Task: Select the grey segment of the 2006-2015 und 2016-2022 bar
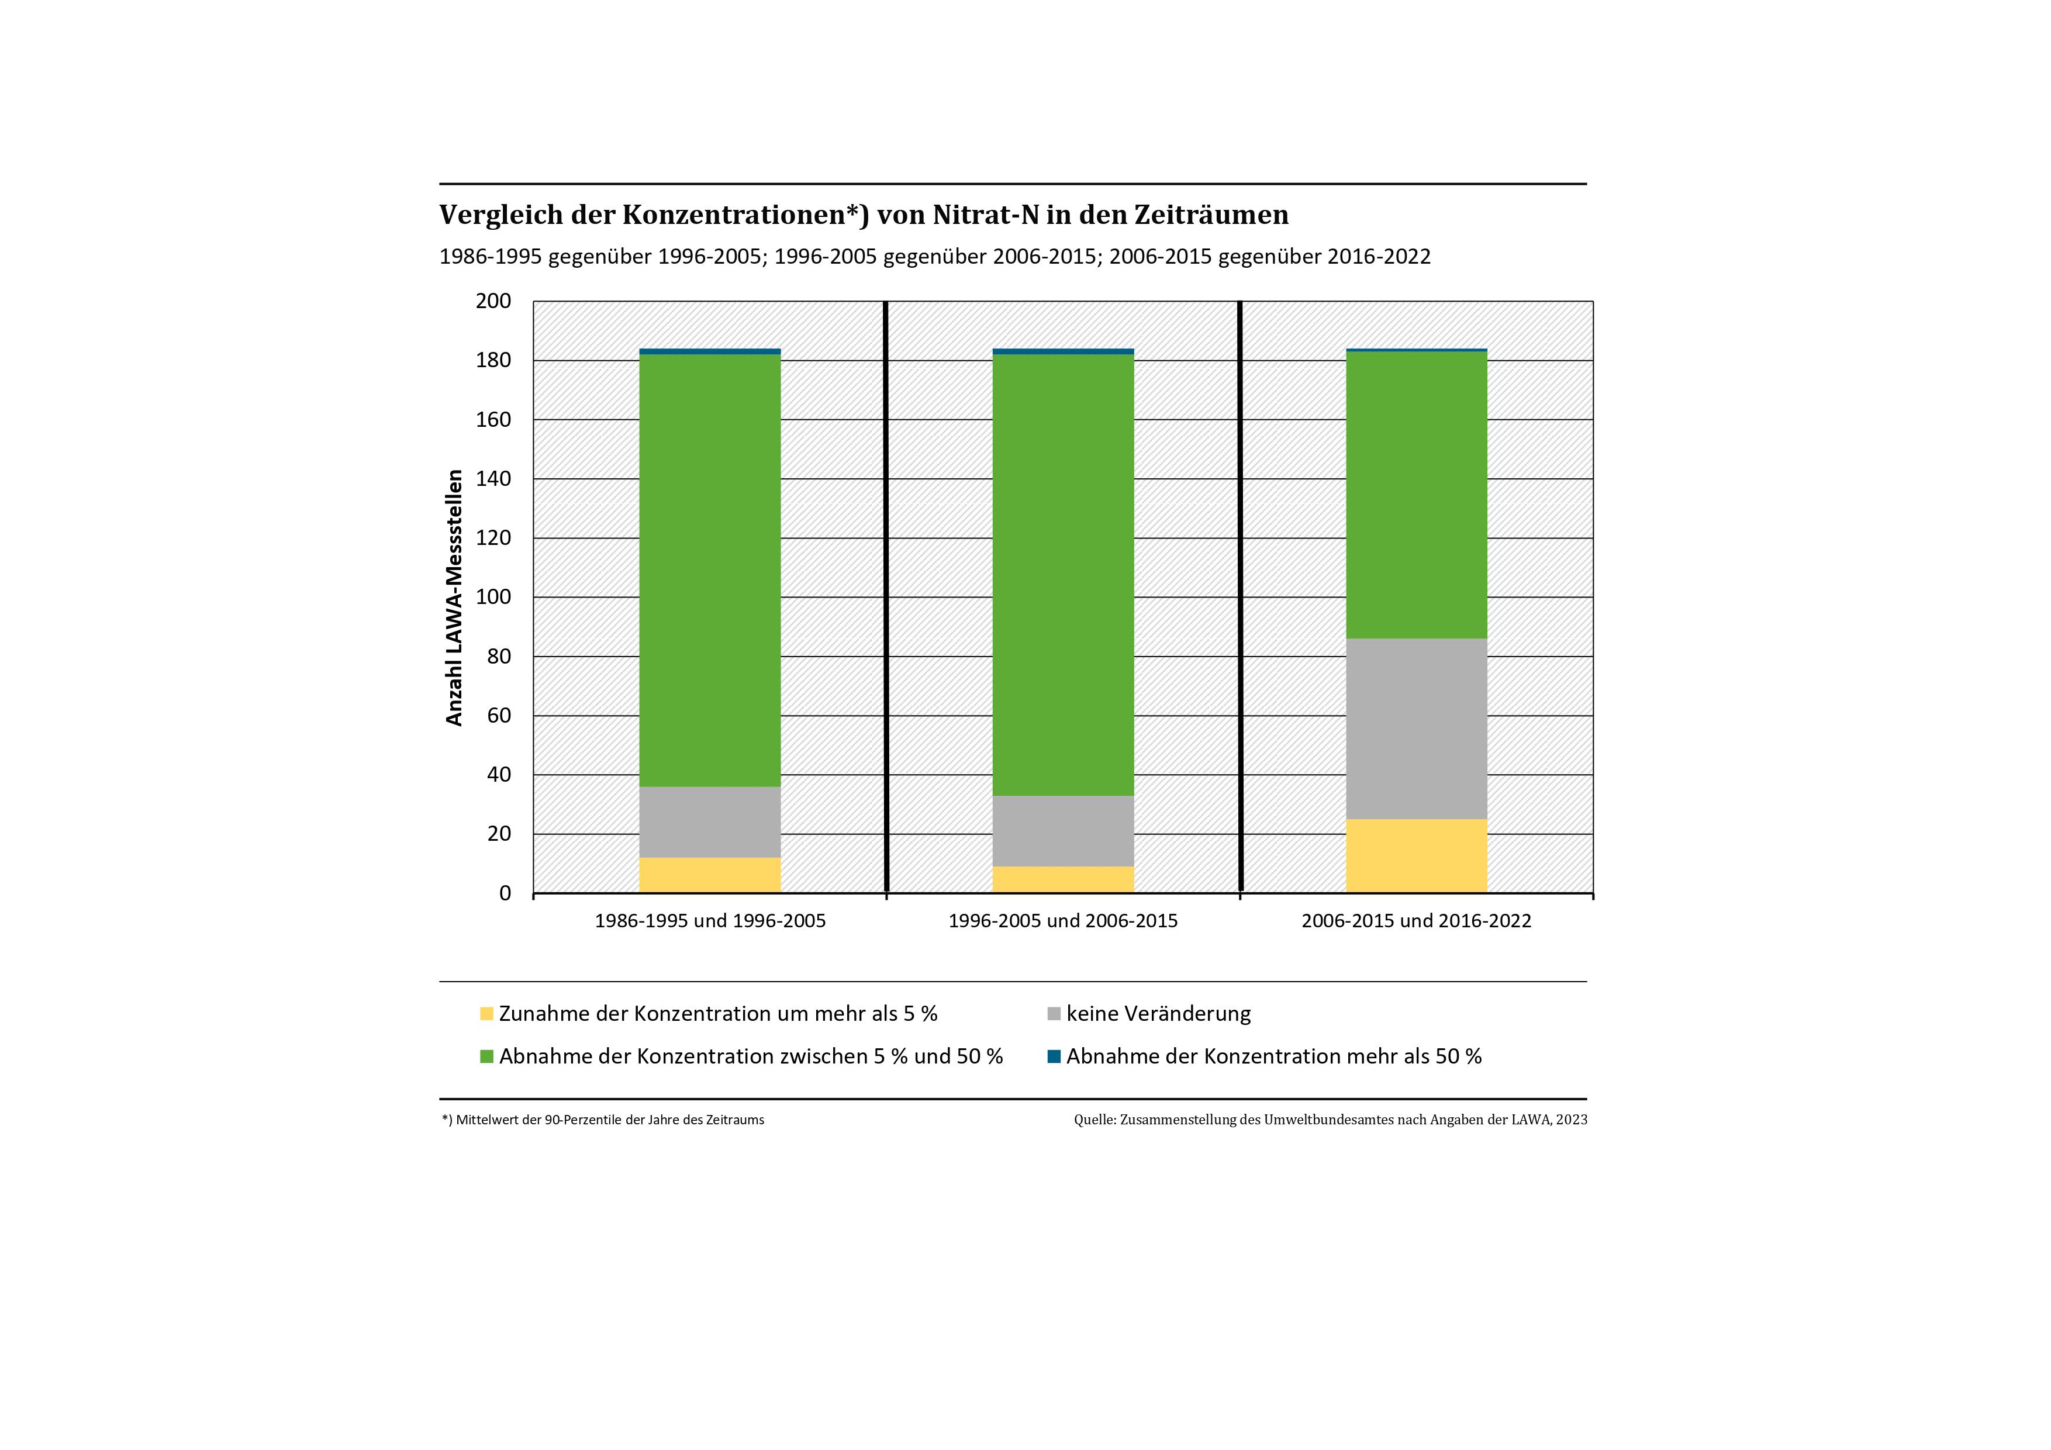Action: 1416,728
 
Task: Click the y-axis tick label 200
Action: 493,301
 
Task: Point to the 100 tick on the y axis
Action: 493,597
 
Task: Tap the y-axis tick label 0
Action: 505,893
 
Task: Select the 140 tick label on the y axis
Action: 493,479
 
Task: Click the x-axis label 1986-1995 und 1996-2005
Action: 710,921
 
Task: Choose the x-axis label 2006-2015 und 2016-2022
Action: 1416,921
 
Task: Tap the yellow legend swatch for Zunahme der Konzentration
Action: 487,1014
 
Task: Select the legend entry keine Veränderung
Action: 1158,1014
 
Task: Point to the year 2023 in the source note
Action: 1572,1120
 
